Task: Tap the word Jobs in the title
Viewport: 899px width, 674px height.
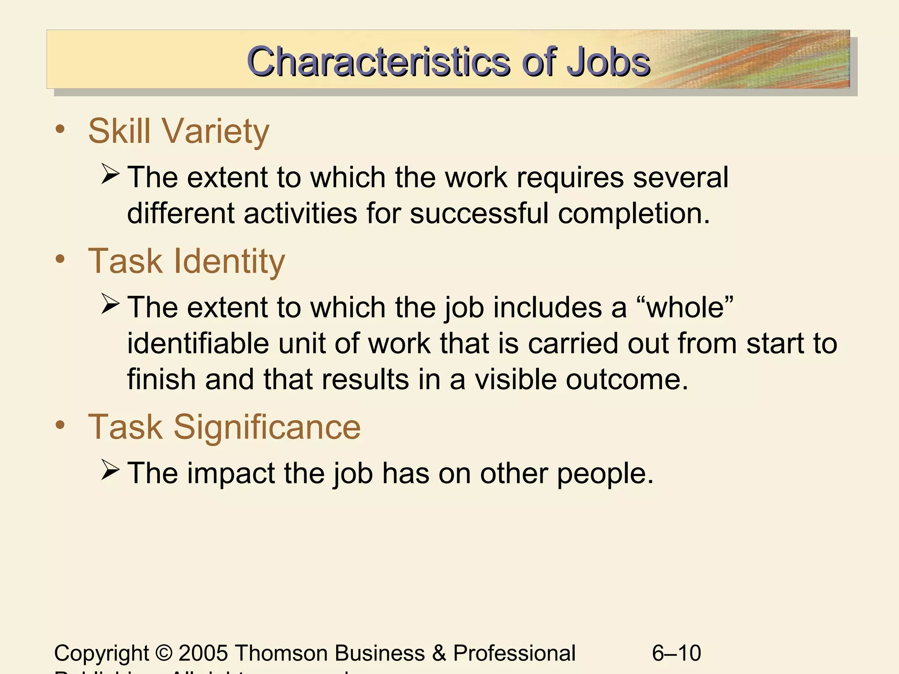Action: [x=608, y=62]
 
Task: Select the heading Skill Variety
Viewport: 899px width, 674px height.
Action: [x=178, y=131]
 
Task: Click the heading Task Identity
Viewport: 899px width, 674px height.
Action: [x=187, y=261]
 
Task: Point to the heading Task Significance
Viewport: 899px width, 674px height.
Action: [x=224, y=427]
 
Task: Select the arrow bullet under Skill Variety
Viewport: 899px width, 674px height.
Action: [x=110, y=174]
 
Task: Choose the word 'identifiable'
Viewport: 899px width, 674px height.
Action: [x=198, y=343]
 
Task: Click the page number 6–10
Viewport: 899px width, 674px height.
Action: [x=676, y=653]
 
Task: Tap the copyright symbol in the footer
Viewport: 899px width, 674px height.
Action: [x=164, y=653]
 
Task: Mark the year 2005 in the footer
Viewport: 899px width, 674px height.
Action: [x=203, y=653]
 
